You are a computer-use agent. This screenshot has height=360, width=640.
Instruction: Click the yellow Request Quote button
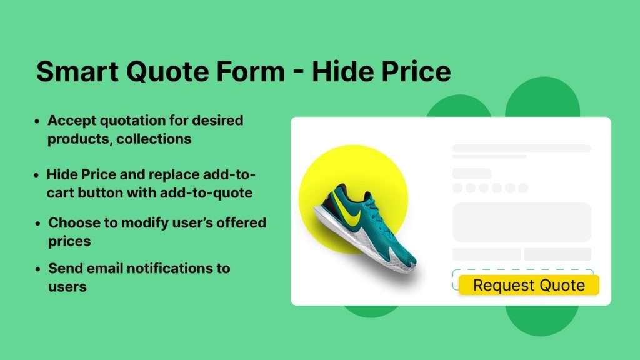coord(529,286)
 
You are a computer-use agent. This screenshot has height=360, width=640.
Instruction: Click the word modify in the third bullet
coord(164,222)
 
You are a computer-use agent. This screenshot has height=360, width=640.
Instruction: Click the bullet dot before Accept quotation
coord(38,121)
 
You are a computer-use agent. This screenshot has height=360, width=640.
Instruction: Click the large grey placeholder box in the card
coord(522,222)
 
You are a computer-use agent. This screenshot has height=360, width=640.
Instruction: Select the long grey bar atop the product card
coord(522,148)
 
